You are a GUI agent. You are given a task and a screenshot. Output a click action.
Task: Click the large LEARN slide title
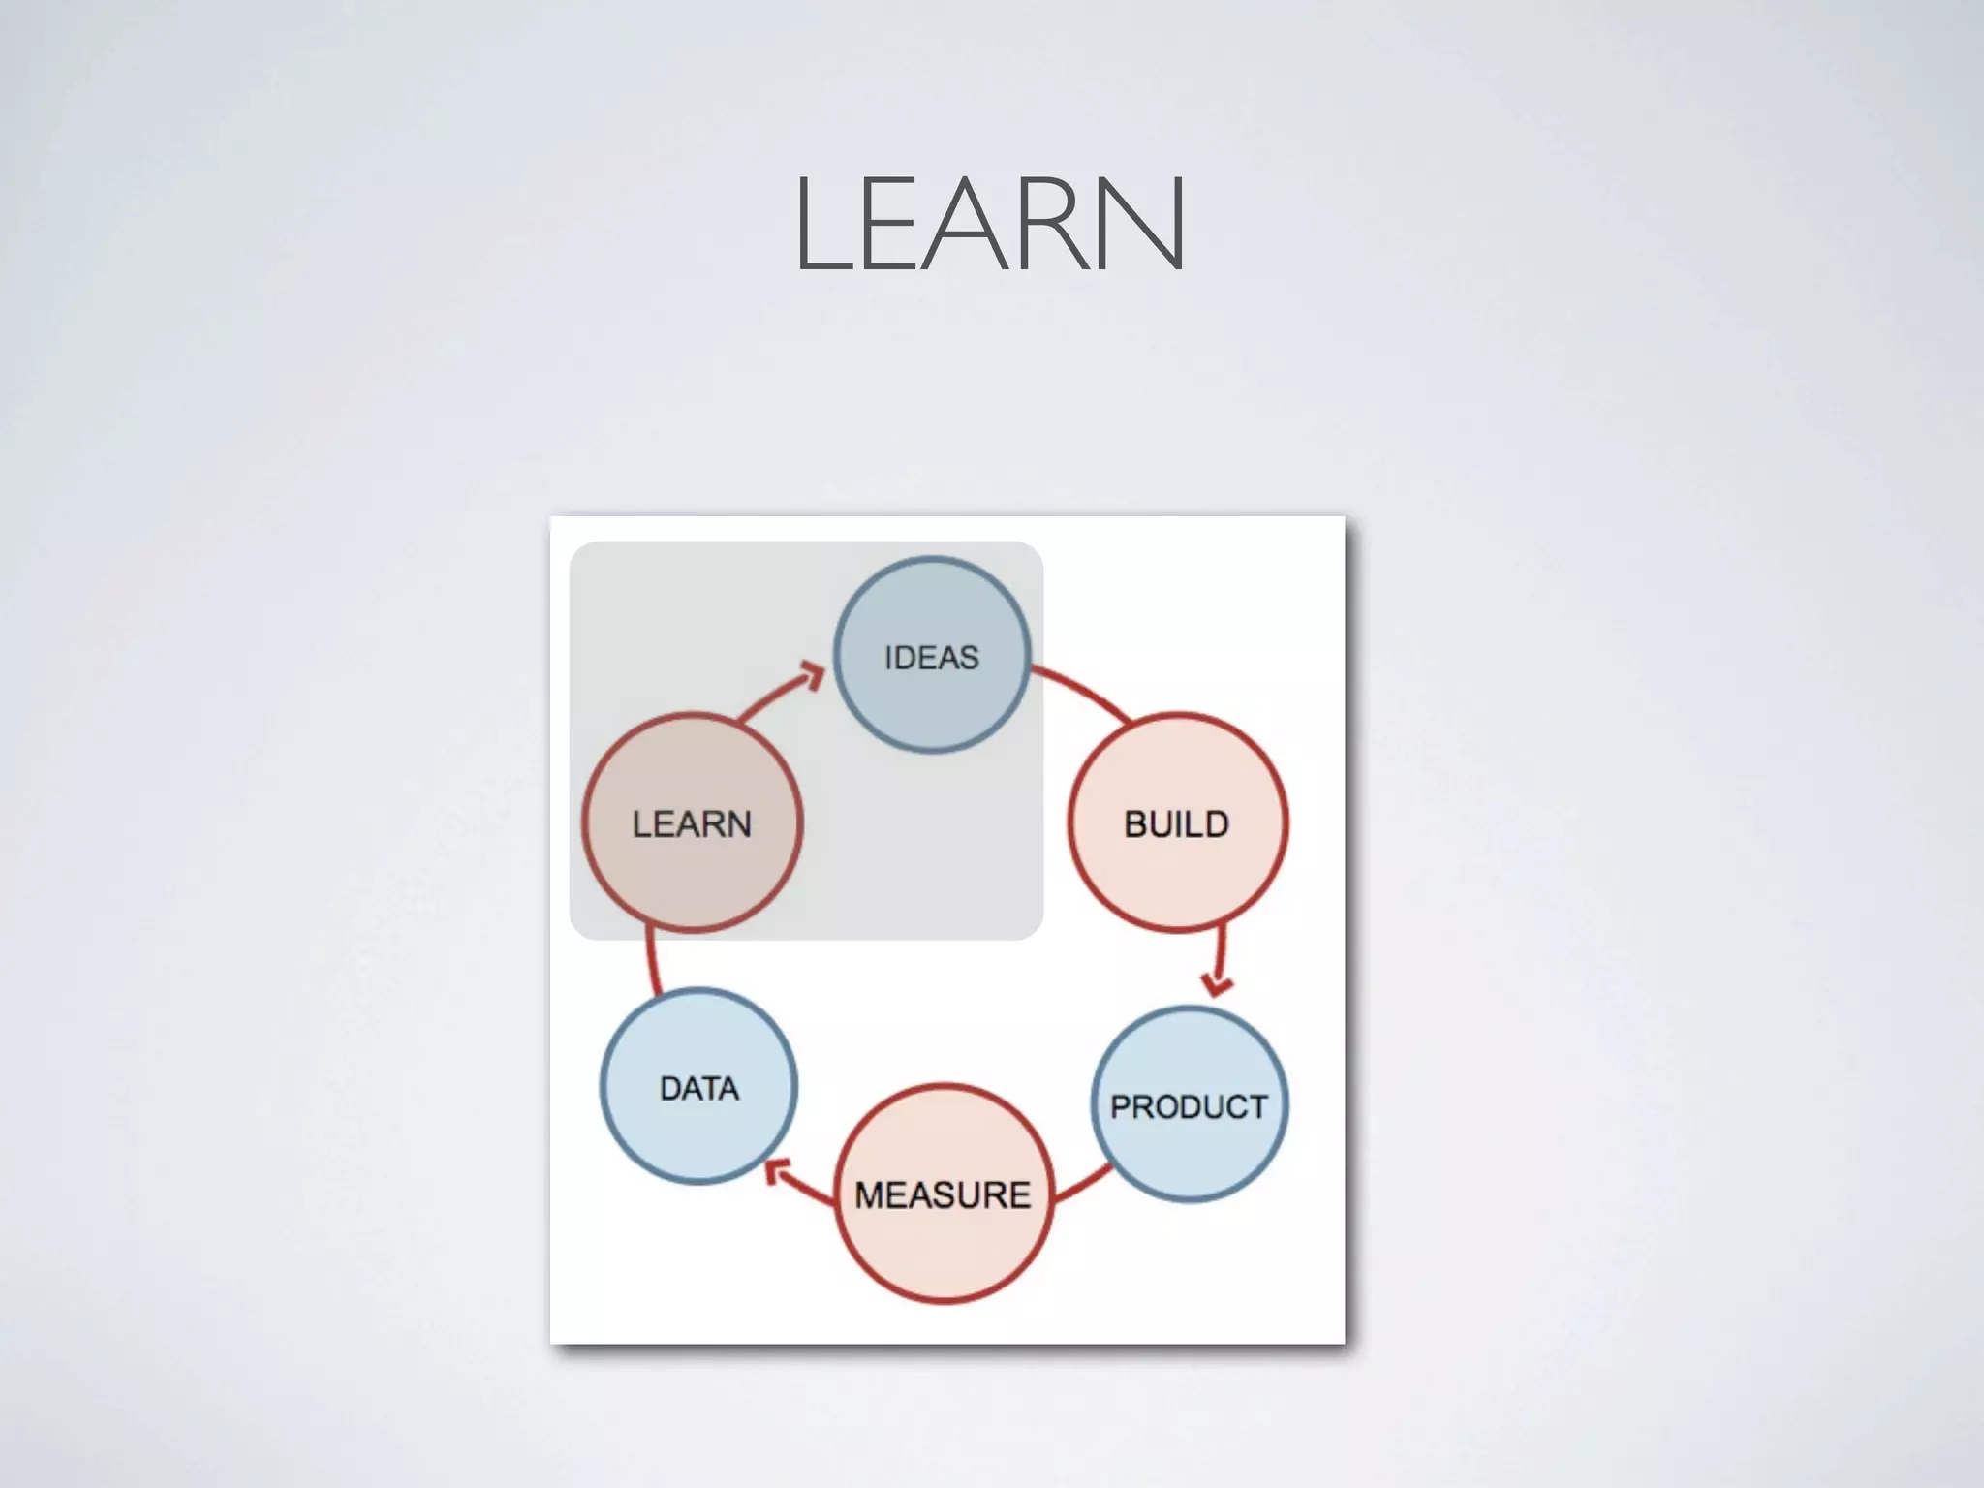click(x=990, y=225)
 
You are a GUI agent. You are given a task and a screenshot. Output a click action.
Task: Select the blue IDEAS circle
click(x=932, y=610)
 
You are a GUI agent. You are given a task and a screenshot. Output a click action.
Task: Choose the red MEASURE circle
click(x=944, y=1250)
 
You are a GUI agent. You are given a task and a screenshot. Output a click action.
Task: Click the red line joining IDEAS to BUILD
click(x=1083, y=691)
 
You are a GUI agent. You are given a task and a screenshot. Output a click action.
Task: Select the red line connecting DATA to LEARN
click(x=652, y=962)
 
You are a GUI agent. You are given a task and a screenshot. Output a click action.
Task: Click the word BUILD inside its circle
click(x=1176, y=824)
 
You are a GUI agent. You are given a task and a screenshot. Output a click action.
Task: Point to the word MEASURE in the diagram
click(x=943, y=1195)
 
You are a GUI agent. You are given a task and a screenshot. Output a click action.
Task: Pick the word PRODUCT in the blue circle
click(x=1189, y=1106)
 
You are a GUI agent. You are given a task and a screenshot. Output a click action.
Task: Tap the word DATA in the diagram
click(x=699, y=1089)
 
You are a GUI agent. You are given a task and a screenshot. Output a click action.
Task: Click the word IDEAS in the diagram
click(x=932, y=658)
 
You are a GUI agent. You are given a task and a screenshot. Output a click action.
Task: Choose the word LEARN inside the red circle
click(x=692, y=824)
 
